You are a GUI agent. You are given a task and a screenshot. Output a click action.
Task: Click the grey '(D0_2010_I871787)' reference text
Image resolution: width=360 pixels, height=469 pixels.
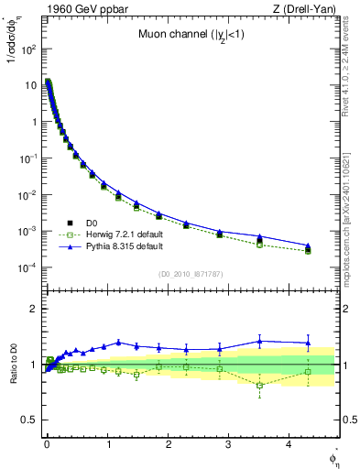[191, 273]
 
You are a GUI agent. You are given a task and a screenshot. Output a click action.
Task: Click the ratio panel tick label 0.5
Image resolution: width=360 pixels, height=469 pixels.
[27, 420]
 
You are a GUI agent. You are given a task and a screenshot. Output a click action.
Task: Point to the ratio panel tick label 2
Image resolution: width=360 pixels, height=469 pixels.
[31, 309]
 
